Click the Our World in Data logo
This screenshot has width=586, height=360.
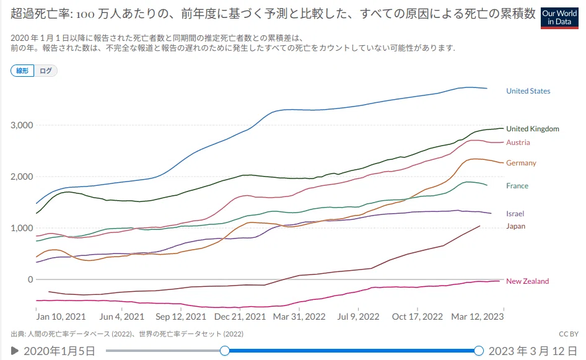pos(559,17)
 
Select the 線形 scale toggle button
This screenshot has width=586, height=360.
pos(22,71)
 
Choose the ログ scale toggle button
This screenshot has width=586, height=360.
pos(46,71)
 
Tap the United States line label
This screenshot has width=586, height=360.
pos(528,91)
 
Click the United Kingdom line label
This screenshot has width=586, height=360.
pos(533,129)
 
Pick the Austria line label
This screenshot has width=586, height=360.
pos(518,143)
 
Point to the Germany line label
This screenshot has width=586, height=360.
pos(521,163)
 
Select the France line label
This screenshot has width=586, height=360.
pos(517,186)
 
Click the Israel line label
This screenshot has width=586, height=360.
pos(515,214)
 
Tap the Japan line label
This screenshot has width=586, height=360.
pos(516,226)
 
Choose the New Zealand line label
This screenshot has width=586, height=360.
pos(527,281)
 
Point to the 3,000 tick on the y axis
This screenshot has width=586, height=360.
pos(22,125)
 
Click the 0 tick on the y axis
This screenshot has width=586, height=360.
pos(30,279)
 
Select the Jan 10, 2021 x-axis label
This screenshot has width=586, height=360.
pos(61,317)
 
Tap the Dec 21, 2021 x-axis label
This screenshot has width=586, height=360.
pos(240,317)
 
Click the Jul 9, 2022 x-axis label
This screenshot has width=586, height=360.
pos(358,317)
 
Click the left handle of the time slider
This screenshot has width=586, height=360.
pos(225,351)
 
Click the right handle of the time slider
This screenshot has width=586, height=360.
pos(479,351)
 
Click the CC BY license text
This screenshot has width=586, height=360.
pos(569,334)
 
